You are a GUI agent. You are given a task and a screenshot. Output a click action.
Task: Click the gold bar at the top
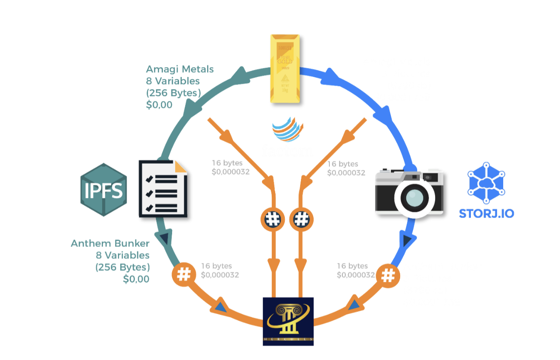point(285,69)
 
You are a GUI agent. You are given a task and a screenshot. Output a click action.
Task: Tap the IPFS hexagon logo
point(104,189)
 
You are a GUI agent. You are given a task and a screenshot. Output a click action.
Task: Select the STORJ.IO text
point(486,214)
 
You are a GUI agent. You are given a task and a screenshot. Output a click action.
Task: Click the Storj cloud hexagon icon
point(486,183)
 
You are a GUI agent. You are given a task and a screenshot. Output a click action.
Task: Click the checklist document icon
point(164,189)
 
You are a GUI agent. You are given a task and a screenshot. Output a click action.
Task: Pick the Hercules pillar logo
point(288,321)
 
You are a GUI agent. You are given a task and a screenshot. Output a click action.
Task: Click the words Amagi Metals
point(180,69)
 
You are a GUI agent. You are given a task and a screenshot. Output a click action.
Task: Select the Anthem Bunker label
point(110,243)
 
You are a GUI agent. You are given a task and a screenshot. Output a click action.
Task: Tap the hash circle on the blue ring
point(388,275)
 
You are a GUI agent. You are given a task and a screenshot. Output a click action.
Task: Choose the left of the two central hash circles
point(273,218)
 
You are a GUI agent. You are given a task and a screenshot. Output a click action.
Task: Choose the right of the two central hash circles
point(301,218)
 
